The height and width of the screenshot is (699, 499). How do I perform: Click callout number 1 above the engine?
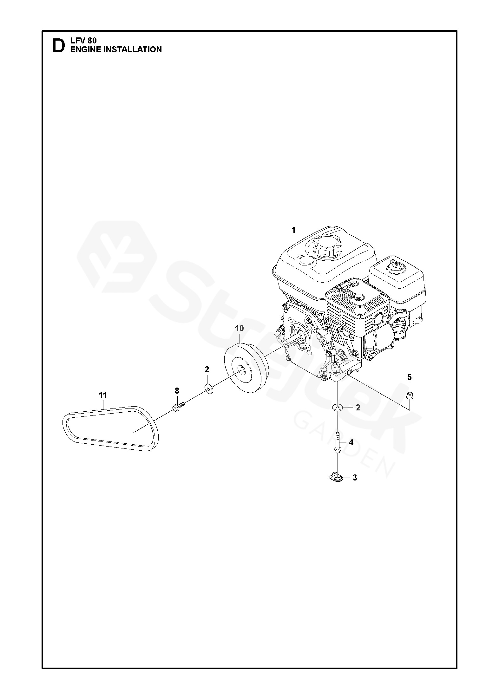tap(293, 229)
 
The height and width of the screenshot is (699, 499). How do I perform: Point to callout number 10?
tap(240, 328)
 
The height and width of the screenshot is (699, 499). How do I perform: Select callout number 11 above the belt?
tap(103, 395)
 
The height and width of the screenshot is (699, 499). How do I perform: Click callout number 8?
tap(177, 390)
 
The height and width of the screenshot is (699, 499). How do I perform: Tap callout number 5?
tap(409, 377)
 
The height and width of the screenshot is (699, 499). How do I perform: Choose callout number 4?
tap(351, 442)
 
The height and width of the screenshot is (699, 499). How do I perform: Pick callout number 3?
tap(355, 487)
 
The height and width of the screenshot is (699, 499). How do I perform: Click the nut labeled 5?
tap(410, 395)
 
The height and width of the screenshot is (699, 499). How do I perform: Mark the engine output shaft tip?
tap(287, 345)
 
